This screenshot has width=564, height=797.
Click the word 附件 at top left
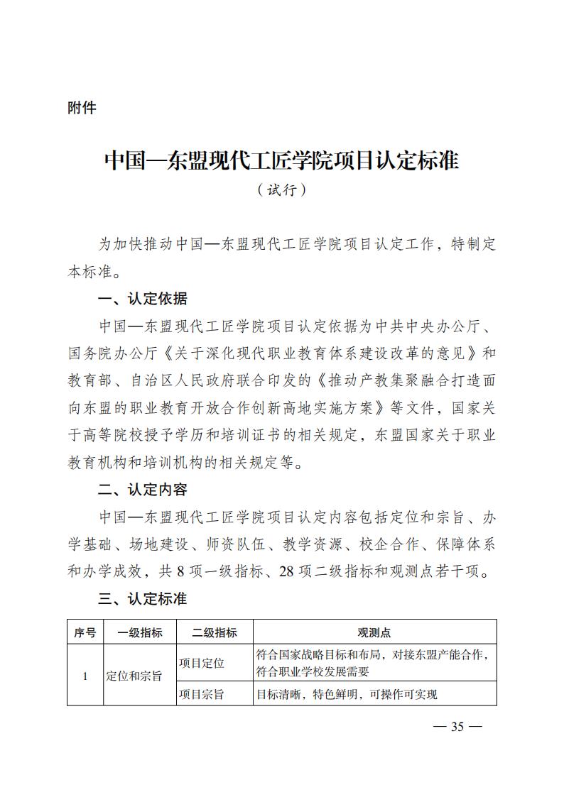[x=82, y=109]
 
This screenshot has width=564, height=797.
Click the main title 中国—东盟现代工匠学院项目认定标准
[x=282, y=160]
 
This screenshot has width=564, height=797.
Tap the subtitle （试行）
[x=282, y=190]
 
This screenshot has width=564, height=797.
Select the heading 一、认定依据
[x=143, y=299]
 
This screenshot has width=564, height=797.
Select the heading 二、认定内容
[x=143, y=490]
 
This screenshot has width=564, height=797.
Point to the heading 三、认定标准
[x=143, y=599]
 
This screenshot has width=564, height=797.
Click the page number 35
[x=456, y=726]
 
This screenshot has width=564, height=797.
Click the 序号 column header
[x=85, y=632]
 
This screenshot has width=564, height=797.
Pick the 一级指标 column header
[x=139, y=632]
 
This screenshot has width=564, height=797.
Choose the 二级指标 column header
[x=215, y=632]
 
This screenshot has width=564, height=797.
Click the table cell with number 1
[x=85, y=676]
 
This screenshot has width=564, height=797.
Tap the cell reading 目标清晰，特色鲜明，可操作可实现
[x=347, y=694]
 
